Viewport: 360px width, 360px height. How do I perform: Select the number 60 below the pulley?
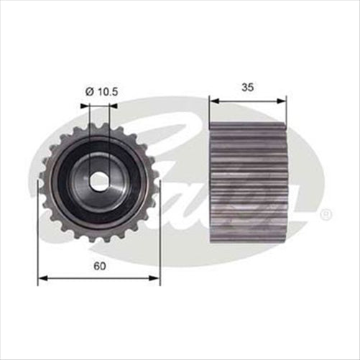[99, 267]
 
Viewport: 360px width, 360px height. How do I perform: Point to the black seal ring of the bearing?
[75, 180]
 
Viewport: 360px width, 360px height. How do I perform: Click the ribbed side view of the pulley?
[247, 183]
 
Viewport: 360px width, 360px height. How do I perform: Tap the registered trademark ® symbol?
[326, 214]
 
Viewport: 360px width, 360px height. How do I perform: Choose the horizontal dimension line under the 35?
[248, 100]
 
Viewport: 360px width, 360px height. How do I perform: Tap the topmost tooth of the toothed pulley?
[100, 124]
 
